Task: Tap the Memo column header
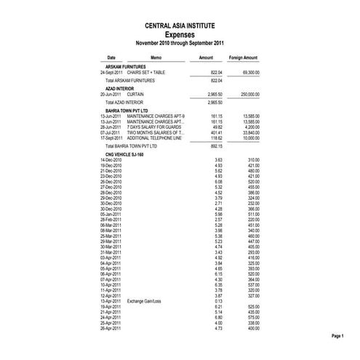156,57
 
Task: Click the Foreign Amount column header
244,57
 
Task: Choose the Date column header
111,57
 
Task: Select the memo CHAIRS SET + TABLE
145,73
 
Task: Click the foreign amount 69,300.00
249,73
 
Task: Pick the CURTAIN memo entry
135,95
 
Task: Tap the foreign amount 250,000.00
248,95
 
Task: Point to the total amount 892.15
215,146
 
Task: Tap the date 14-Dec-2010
111,159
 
